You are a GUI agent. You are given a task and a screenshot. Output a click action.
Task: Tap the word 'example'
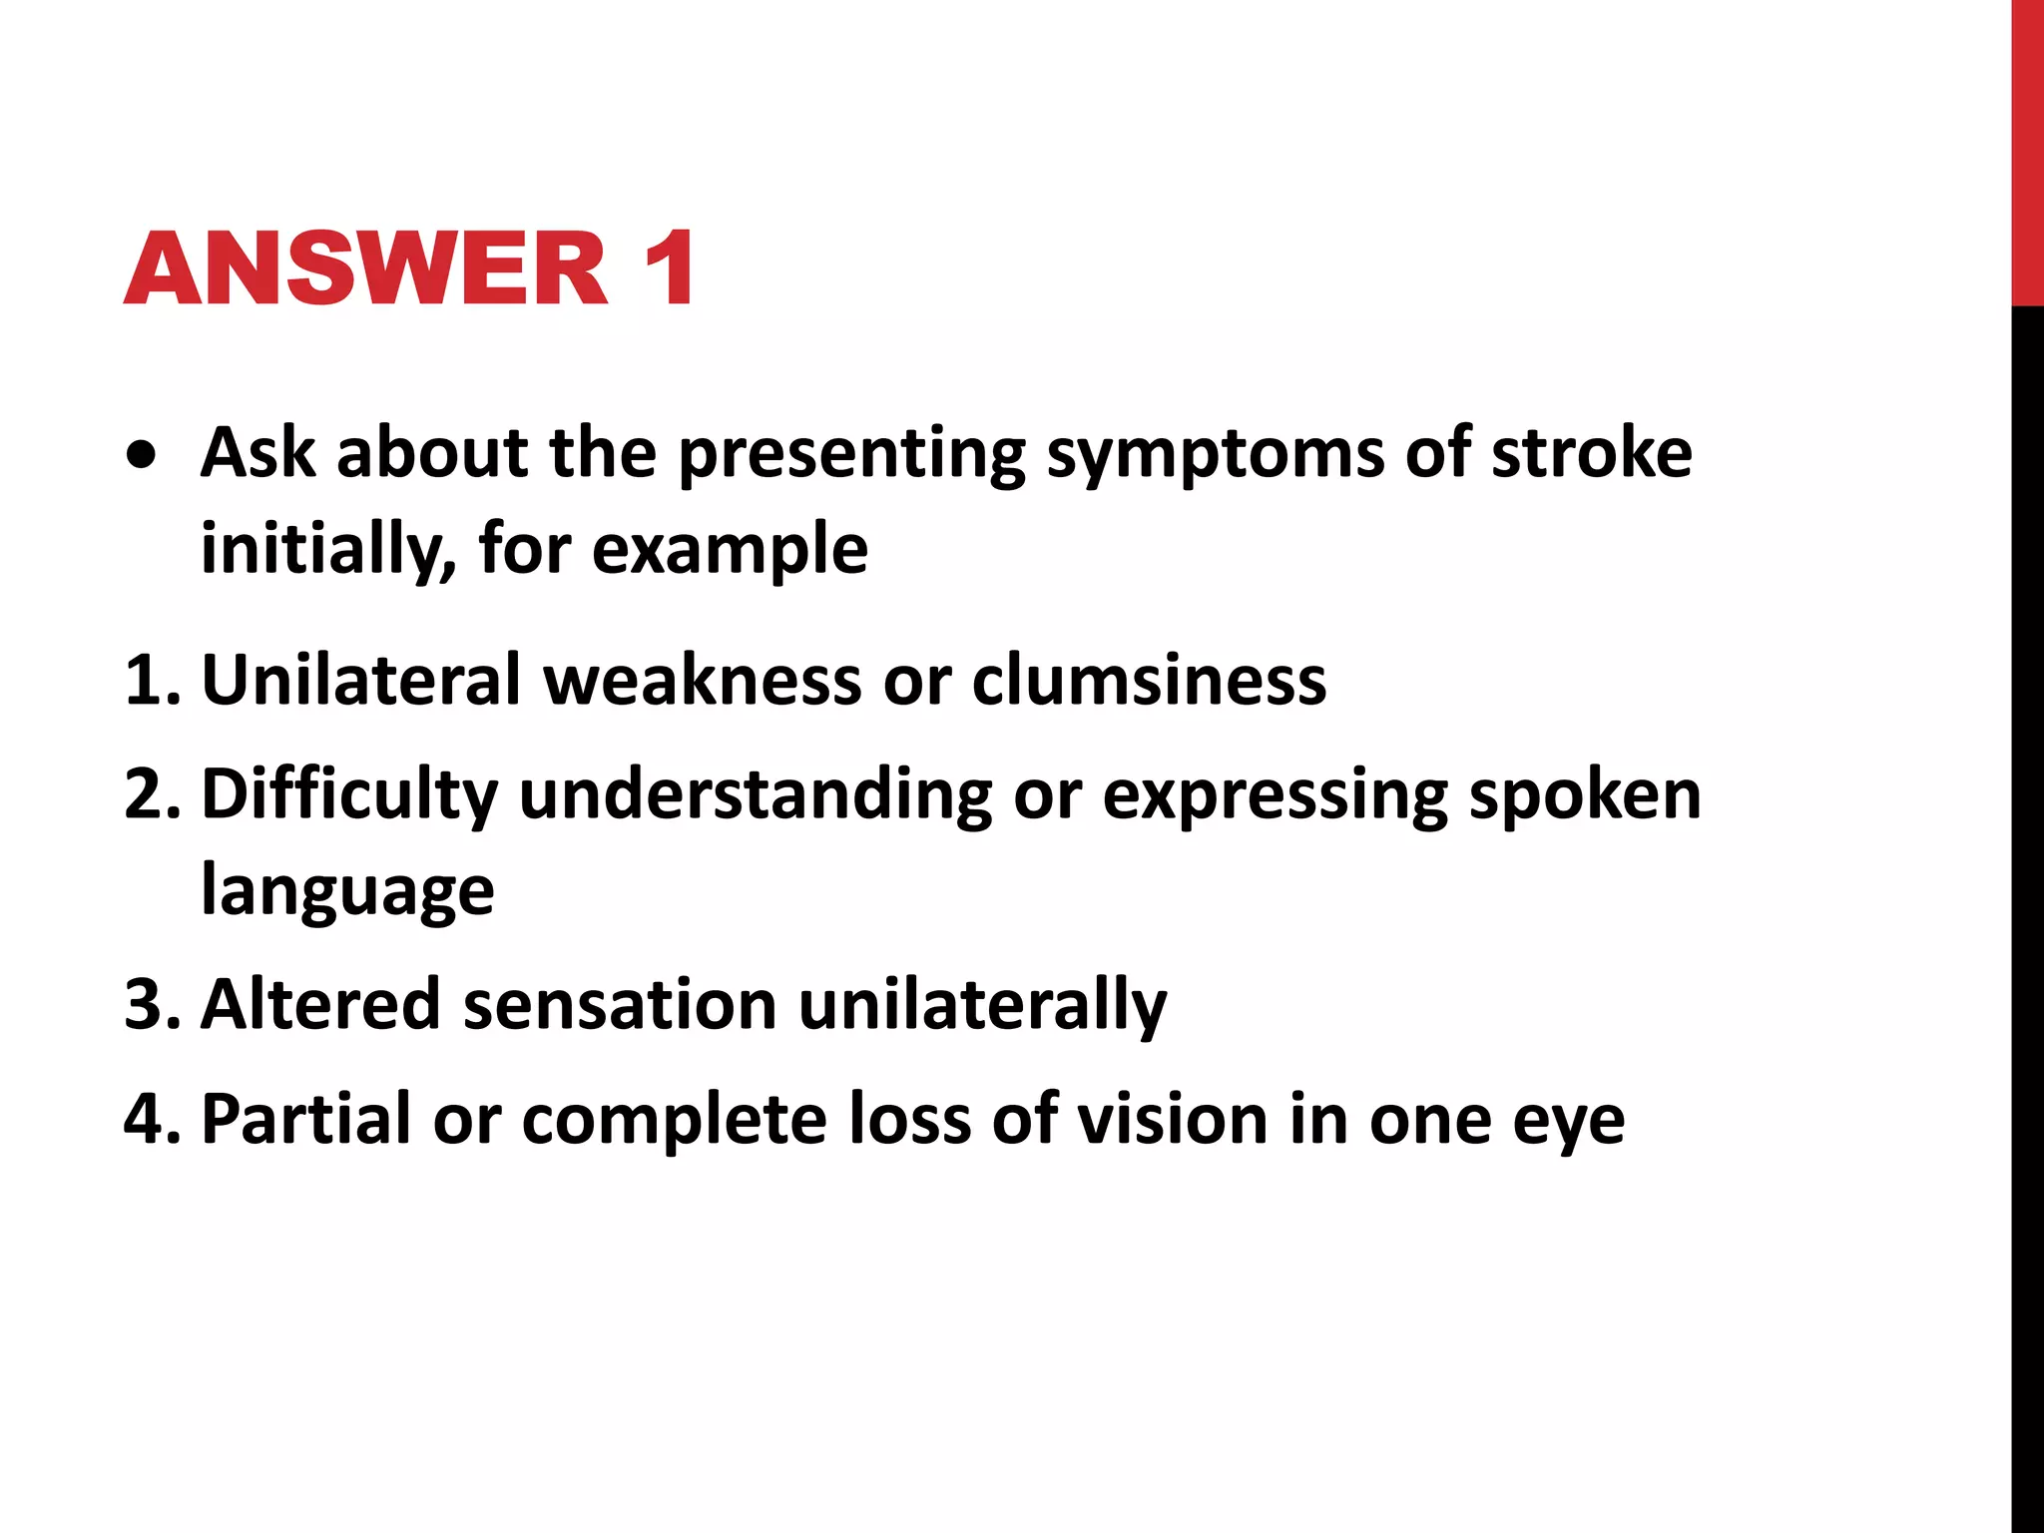click(730, 552)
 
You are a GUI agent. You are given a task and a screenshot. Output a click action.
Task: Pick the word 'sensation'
click(620, 1005)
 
